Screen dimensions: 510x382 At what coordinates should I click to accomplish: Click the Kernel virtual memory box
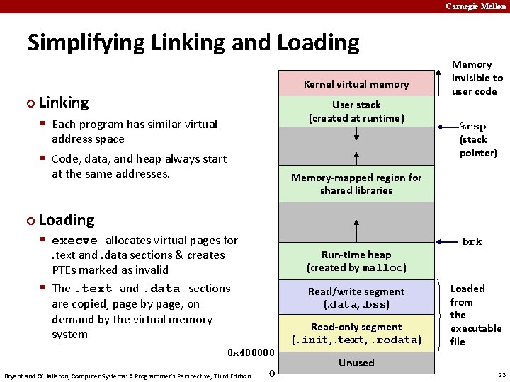pyautogui.click(x=356, y=83)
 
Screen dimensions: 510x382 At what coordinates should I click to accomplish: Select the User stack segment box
pyautogui.click(x=356, y=112)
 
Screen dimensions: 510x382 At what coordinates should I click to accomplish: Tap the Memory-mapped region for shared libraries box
pyautogui.click(x=356, y=184)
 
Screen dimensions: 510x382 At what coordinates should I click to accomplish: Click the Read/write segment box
pyautogui.click(x=356, y=298)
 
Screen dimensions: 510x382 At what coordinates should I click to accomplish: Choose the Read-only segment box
pyautogui.click(x=356, y=333)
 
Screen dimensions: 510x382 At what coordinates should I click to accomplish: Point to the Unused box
pyautogui.click(x=356, y=363)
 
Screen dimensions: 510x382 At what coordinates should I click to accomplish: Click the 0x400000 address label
pyautogui.click(x=250, y=352)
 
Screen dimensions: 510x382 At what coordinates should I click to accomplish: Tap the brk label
pyautogui.click(x=472, y=241)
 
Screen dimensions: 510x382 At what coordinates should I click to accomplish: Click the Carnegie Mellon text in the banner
pyautogui.click(x=476, y=6)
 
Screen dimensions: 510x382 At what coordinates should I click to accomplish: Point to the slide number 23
pyautogui.click(x=501, y=374)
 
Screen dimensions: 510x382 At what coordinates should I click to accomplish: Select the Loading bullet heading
pyautogui.click(x=67, y=220)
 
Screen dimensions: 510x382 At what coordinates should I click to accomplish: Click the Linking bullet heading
pyautogui.click(x=64, y=103)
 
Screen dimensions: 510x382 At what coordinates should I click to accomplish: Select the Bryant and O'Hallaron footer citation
pyautogui.click(x=127, y=375)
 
